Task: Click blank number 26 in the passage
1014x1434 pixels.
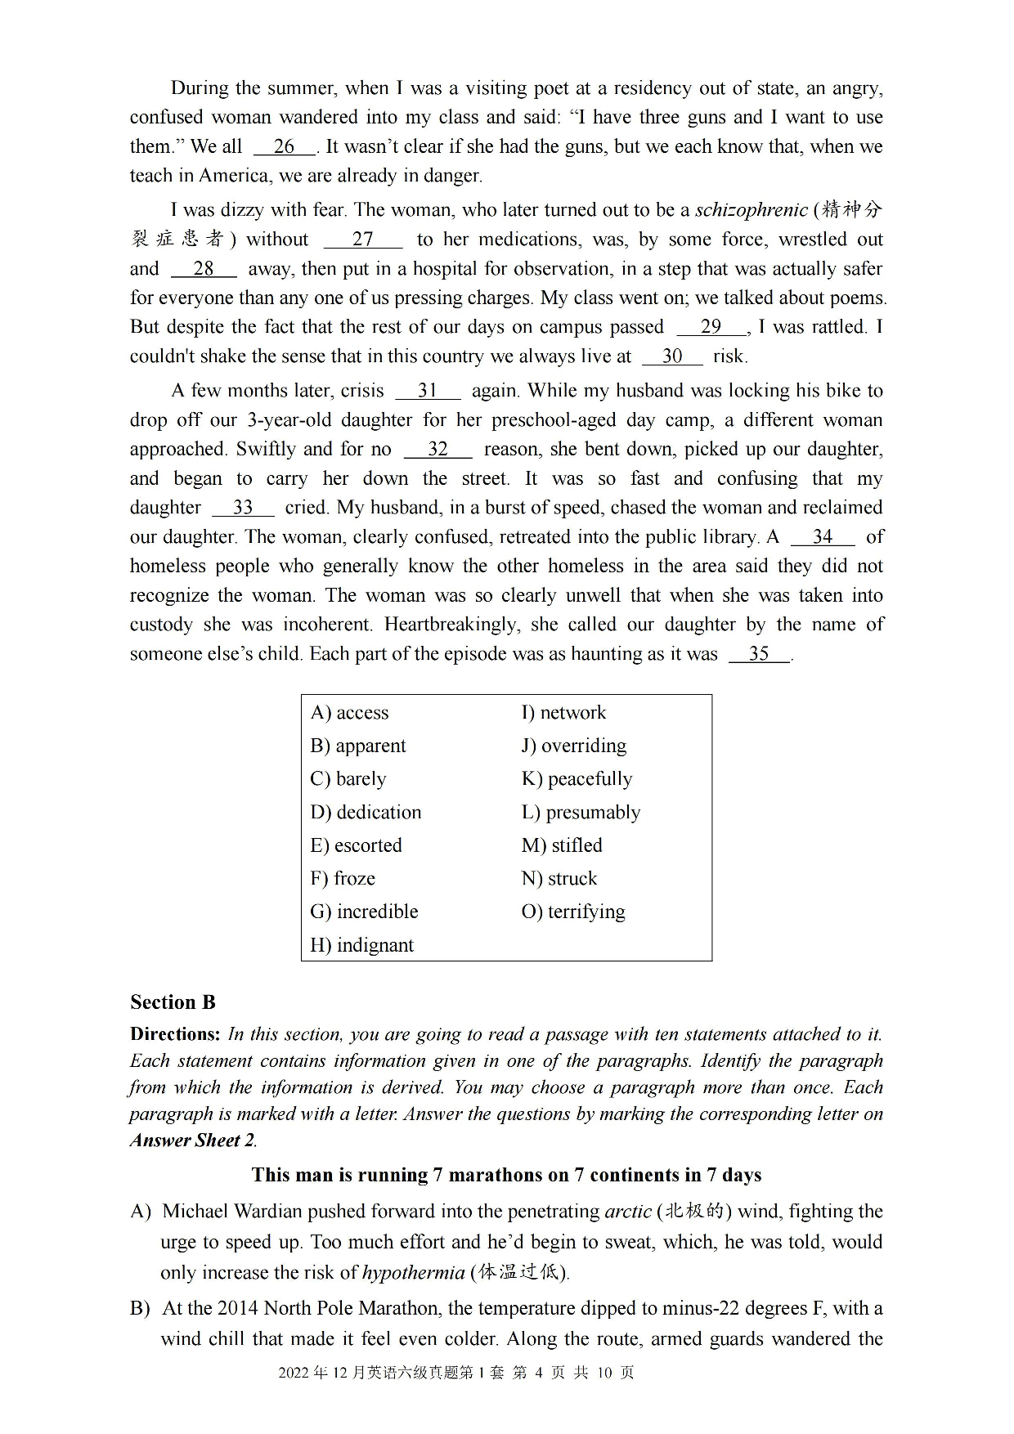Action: pyautogui.click(x=284, y=147)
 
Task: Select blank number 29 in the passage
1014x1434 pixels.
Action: pyautogui.click(x=711, y=327)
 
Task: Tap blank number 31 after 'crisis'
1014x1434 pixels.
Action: pyautogui.click(x=428, y=391)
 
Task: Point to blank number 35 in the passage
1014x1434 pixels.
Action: pyautogui.click(x=759, y=654)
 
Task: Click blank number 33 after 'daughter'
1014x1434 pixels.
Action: pyautogui.click(x=243, y=508)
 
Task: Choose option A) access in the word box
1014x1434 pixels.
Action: pyautogui.click(x=349, y=713)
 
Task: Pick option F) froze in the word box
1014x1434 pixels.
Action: pyautogui.click(x=343, y=879)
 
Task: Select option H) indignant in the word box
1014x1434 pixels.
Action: pyautogui.click(x=361, y=945)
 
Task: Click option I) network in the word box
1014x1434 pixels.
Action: pyautogui.click(x=563, y=713)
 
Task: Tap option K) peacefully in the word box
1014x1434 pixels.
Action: pyautogui.click(x=577, y=779)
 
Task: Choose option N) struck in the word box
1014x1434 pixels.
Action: pyautogui.click(x=559, y=879)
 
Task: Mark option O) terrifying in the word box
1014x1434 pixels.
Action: pyautogui.click(x=573, y=912)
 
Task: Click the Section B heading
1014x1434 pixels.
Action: pyautogui.click(x=173, y=1002)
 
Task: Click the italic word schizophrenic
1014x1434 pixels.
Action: pyautogui.click(x=751, y=210)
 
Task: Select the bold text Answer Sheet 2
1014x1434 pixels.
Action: pyautogui.click(x=193, y=1140)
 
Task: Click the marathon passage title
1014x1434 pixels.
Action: pyautogui.click(x=506, y=1175)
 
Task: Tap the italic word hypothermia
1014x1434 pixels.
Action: pyautogui.click(x=413, y=1272)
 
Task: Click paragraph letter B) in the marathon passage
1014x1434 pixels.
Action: pyautogui.click(x=140, y=1308)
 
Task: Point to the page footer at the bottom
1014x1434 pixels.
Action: pyautogui.click(x=455, y=1373)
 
